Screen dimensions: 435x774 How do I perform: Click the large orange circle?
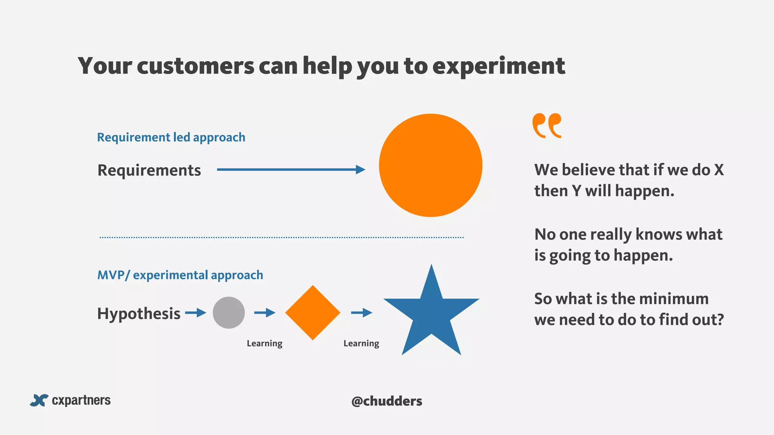[430, 165]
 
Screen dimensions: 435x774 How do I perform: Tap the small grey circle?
[229, 313]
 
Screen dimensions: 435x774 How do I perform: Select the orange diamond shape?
[313, 313]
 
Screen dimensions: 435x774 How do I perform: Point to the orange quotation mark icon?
[546, 126]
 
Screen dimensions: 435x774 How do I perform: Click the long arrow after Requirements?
[291, 170]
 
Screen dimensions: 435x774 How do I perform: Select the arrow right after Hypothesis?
[195, 313]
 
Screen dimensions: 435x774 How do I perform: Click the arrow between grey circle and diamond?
[265, 313]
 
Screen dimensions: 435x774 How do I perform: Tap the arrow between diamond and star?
[362, 313]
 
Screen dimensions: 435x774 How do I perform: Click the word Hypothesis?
[139, 313]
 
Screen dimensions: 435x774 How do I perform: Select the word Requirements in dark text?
[149, 170]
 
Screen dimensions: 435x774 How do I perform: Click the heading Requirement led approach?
[171, 137]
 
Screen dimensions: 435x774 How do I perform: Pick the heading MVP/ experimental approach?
[180, 275]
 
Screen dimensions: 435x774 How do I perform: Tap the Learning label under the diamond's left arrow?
[265, 343]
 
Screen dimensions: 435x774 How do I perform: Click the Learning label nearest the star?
[361, 343]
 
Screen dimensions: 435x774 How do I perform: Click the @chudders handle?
[387, 401]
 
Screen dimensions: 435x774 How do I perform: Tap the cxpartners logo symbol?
[39, 400]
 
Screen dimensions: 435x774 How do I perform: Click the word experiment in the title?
[498, 66]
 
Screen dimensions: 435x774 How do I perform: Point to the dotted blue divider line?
[282, 238]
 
